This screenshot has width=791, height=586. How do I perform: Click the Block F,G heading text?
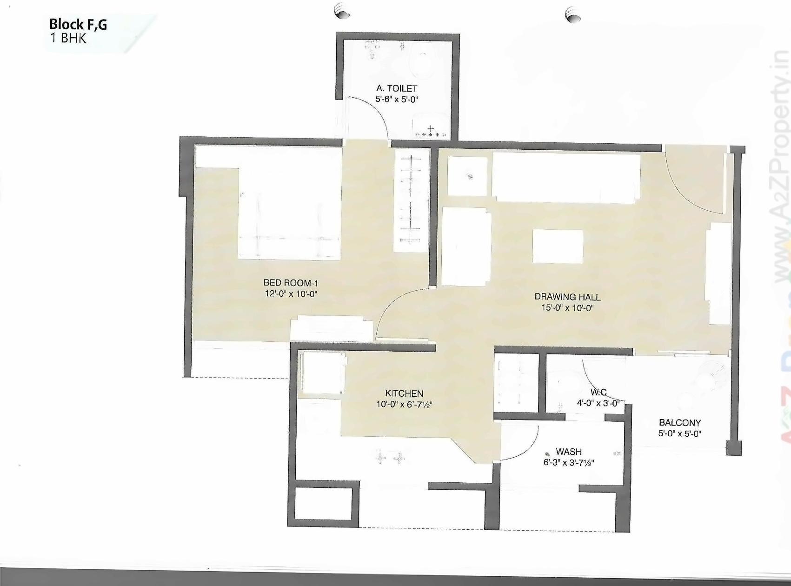78,24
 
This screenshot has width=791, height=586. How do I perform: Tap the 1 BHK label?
68,38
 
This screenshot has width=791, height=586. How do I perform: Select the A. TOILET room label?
397,88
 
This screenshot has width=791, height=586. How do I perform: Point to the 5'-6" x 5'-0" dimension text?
397,99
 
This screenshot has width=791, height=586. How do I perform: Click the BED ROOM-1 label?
291,283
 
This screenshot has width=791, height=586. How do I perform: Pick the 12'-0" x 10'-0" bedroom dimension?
291,294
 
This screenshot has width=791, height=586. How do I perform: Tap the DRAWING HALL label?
567,297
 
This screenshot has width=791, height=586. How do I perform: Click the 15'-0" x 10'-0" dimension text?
567,308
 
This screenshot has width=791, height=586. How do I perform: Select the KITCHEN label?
404,393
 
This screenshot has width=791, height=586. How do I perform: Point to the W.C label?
598,393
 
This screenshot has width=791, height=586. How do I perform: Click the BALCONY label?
679,423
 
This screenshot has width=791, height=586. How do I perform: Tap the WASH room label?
568,452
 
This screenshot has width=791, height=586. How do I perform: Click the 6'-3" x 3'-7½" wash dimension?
568,463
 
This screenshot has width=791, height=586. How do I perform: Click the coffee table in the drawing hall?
558,246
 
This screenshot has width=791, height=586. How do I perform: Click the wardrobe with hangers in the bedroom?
411,200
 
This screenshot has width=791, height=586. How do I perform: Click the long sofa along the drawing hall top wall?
565,178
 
